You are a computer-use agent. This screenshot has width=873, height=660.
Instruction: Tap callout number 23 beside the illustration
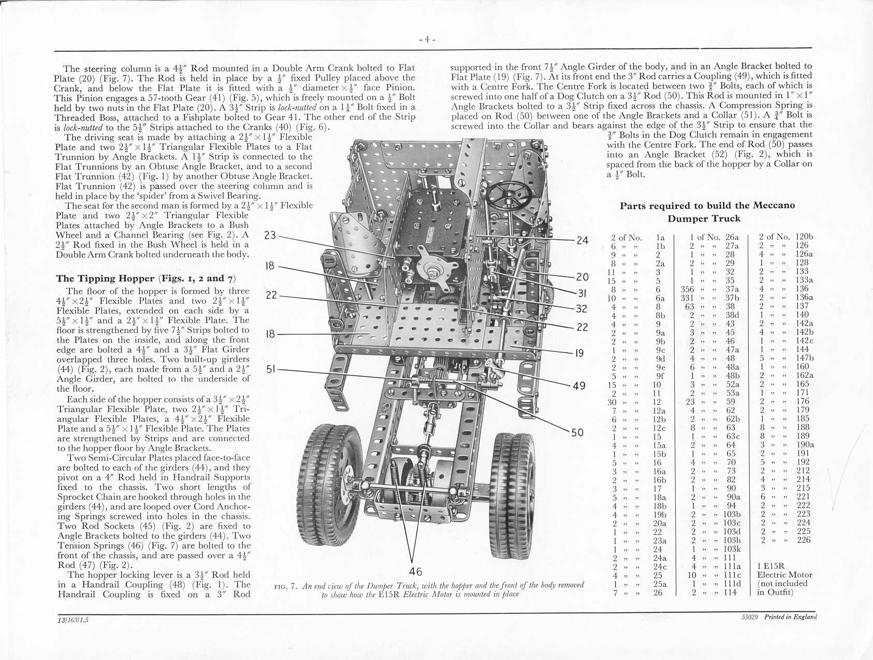coord(270,235)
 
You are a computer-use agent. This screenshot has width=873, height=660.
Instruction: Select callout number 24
coord(583,240)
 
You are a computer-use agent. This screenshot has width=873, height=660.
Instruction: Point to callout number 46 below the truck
coord(415,571)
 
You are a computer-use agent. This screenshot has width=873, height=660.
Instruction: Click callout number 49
coord(579,386)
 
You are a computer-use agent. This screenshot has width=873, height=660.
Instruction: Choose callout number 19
coord(579,354)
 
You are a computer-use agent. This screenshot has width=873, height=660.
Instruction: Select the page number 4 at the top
coord(427,39)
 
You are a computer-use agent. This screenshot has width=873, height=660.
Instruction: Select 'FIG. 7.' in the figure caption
coord(285,585)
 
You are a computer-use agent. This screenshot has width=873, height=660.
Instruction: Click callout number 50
coord(577,433)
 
